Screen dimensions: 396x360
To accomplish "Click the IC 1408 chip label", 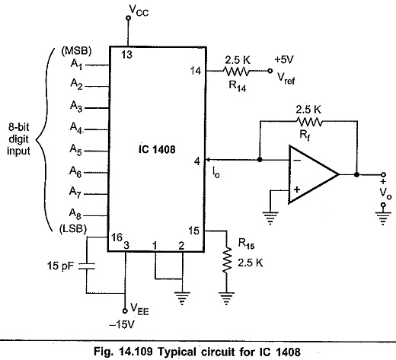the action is [x=157, y=149].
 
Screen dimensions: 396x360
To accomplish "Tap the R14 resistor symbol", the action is [x=236, y=71].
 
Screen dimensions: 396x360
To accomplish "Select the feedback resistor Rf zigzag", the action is [x=308, y=122].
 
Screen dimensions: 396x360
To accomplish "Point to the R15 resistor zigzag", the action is [x=227, y=260].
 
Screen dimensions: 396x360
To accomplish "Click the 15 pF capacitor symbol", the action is [x=87, y=266].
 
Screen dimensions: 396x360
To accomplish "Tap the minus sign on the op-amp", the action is [x=298, y=160].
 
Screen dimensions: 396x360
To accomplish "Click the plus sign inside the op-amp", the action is [x=297, y=190].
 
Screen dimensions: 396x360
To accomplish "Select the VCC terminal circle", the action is [x=129, y=18].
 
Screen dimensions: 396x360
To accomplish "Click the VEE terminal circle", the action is [x=125, y=311].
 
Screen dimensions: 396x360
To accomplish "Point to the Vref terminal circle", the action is [x=270, y=71].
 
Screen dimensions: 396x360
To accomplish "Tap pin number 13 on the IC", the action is [x=126, y=55].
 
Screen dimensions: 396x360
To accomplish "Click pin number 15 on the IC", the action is [x=193, y=231].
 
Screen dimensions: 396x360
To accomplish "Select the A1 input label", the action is [x=76, y=64].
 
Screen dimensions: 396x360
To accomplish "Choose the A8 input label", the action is [x=75, y=214].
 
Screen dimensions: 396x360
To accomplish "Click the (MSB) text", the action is [x=76, y=51].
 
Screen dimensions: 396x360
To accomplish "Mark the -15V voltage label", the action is [x=122, y=324].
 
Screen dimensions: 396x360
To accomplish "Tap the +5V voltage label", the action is [x=284, y=59].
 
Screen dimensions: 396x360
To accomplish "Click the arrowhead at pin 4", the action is [x=208, y=160].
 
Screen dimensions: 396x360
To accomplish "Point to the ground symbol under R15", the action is [x=226, y=298].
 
